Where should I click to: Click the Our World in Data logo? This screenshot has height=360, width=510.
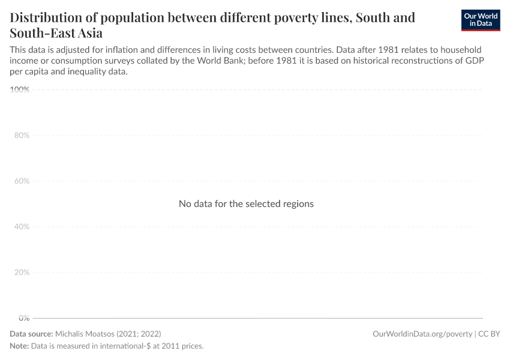(481, 19)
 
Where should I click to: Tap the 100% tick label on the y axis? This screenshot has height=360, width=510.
(20, 90)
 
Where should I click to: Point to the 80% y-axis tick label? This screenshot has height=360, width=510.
(22, 136)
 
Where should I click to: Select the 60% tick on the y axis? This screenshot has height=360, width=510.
(22, 181)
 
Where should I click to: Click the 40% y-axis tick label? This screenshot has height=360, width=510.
(22, 227)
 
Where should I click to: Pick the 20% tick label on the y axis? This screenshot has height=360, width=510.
(22, 272)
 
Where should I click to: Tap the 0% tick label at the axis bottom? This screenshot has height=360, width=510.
(24, 318)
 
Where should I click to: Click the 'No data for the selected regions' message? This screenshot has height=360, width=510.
(246, 204)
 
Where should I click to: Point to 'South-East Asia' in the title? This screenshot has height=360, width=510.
(56, 32)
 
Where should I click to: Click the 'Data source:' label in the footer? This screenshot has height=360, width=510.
(31, 334)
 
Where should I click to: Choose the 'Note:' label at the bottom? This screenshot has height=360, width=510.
(19, 346)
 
